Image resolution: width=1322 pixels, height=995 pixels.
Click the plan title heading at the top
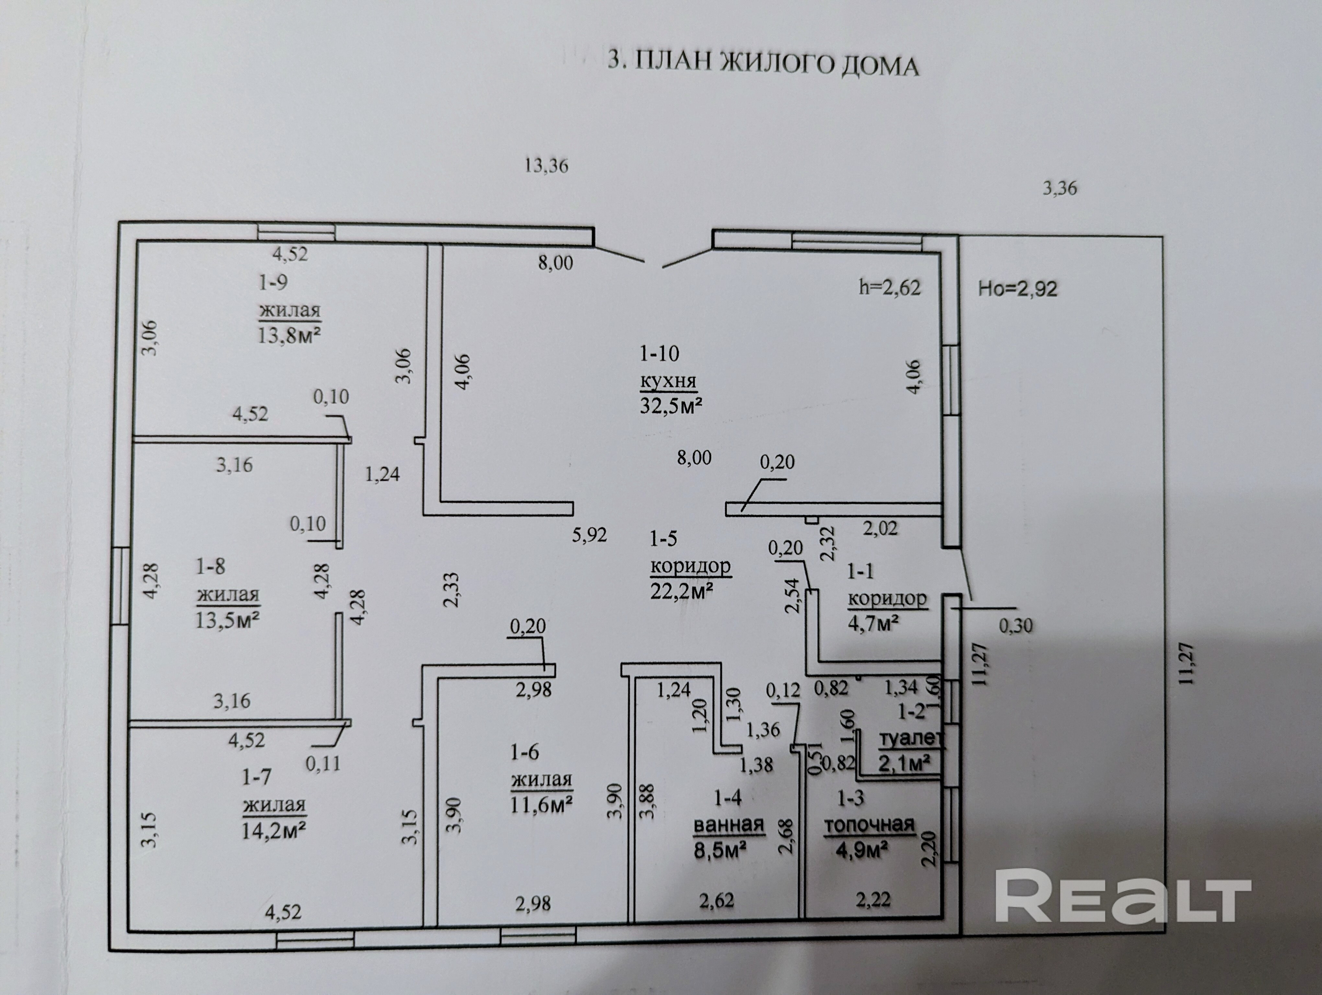pos(763,63)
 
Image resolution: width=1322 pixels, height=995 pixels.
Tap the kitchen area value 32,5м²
pos(671,406)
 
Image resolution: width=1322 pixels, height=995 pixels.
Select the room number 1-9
pos(273,282)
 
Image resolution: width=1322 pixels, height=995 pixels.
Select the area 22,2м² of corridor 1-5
pos(682,591)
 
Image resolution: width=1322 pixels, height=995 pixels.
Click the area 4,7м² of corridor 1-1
pos(874,623)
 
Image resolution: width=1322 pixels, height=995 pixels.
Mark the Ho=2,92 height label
pos(1017,289)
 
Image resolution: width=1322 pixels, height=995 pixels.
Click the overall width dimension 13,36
pos(546,166)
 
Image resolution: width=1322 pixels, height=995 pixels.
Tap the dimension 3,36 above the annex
pos(1060,189)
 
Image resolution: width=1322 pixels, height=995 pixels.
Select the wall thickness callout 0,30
pos(1015,625)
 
